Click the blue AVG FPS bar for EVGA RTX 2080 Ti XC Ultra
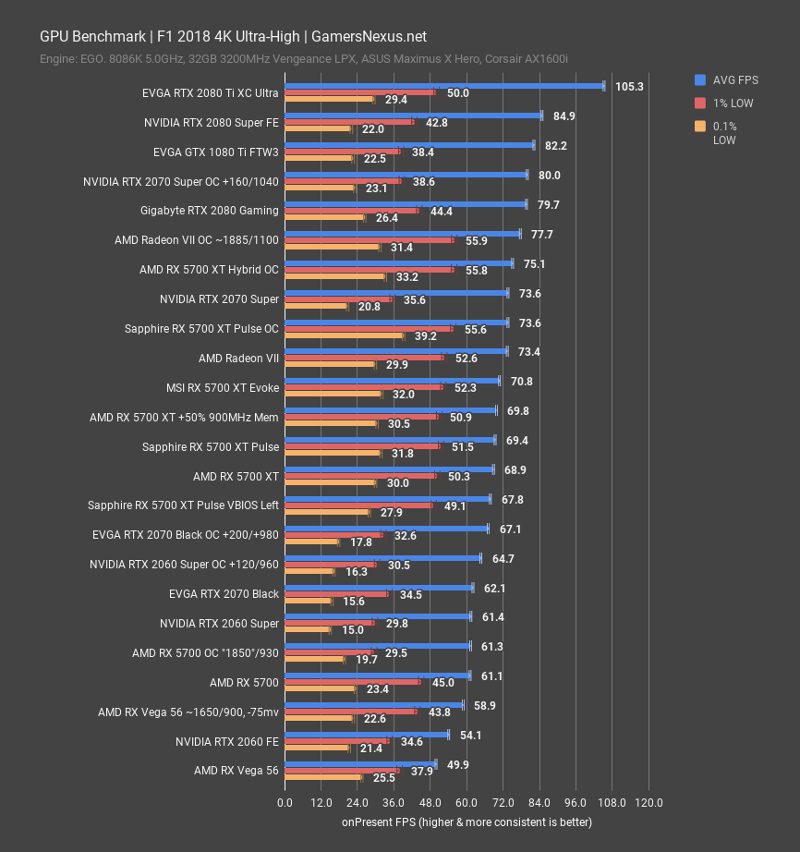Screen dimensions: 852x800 coord(443,85)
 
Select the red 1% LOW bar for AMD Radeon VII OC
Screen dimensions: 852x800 coord(369,240)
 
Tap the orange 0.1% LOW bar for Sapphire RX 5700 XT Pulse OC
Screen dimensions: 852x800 coord(344,335)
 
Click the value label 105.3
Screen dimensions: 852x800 coord(629,86)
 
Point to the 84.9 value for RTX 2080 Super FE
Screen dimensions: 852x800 coord(564,116)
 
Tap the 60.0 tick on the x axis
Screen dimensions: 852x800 coord(467,802)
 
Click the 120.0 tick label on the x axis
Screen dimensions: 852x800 coord(648,802)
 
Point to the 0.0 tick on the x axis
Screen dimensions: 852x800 coord(285,802)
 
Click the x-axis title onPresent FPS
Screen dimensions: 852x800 coord(467,822)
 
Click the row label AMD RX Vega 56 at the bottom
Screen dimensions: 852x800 coord(236,771)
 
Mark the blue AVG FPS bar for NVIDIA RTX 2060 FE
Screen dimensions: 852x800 coord(366,735)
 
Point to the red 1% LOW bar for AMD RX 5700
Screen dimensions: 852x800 coord(352,682)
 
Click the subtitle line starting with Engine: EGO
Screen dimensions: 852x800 coord(303,59)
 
